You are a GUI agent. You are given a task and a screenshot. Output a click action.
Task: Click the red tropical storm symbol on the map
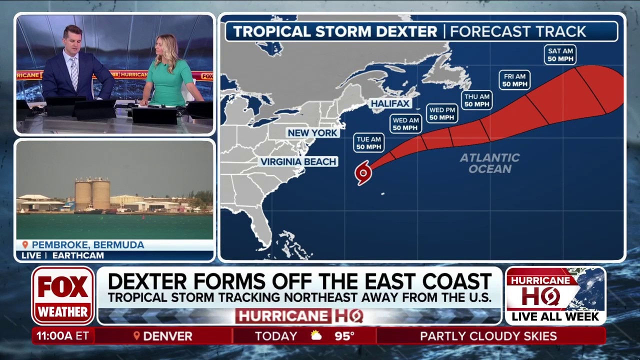tap(363, 173)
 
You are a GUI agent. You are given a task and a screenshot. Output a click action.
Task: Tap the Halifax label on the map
tap(390, 103)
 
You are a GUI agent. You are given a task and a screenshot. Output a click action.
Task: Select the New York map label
tap(313, 132)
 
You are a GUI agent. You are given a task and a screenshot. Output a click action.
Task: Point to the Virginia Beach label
tap(298, 161)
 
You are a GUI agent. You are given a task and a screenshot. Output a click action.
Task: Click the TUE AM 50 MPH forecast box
tap(369, 143)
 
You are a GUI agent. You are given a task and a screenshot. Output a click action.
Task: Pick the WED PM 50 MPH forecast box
tap(442, 113)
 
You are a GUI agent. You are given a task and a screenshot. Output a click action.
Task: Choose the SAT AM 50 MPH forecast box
tap(560, 55)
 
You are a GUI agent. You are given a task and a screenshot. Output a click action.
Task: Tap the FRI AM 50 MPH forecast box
tap(514, 80)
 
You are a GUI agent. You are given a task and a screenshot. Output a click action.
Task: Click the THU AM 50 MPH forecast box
tap(476, 100)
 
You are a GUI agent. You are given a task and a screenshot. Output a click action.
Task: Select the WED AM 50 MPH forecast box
tap(405, 124)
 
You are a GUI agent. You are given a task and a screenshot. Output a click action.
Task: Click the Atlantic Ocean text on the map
tap(490, 163)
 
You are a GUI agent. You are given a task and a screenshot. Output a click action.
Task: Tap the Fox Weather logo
tap(63, 295)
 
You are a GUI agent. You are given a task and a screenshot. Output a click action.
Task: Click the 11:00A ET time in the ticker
tap(62, 336)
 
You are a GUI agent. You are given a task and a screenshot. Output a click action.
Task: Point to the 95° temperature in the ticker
tap(344, 336)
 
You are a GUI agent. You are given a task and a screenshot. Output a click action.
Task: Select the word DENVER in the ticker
tap(167, 336)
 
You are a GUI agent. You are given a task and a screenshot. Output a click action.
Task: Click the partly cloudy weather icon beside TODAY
tap(316, 335)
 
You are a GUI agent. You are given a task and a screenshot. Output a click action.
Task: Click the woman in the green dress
tap(170, 72)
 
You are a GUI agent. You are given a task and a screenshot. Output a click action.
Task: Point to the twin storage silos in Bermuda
tap(92, 194)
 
